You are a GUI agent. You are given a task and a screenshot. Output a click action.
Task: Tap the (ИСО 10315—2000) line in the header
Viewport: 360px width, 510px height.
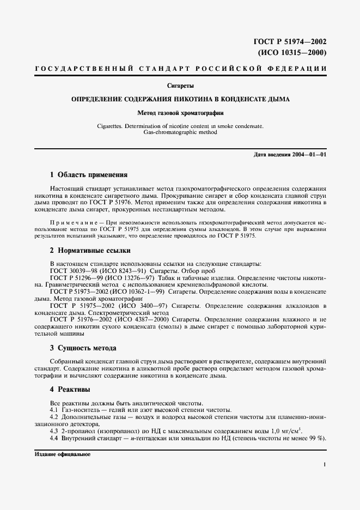[x=291, y=53]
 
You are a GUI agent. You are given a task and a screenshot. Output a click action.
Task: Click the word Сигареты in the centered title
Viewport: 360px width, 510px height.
[x=180, y=86]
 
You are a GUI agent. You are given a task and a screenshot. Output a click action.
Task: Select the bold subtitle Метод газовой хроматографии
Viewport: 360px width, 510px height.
[x=180, y=114]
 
